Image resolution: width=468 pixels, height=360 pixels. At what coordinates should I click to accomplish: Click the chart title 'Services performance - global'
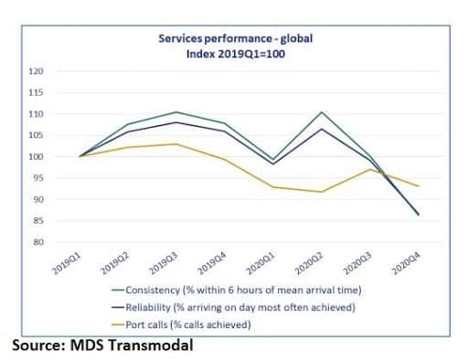[236, 38]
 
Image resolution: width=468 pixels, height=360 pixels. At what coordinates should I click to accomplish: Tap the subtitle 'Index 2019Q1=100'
[236, 54]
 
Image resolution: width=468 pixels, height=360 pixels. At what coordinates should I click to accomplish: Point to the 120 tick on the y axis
[37, 71]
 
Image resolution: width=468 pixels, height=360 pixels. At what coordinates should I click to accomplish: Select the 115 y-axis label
[37, 92]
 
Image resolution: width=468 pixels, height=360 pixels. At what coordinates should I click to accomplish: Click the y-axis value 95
[38, 178]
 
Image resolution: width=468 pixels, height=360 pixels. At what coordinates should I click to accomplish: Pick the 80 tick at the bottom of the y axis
[38, 242]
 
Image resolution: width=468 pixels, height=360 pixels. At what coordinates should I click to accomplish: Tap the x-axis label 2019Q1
[67, 264]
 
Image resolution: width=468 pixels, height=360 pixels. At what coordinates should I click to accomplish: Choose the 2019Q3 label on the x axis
[164, 264]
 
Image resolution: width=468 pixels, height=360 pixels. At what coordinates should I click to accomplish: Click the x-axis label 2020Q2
[309, 264]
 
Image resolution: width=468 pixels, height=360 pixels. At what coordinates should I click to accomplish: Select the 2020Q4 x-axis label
[407, 264]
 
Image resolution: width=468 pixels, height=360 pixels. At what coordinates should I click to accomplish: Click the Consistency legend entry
[237, 290]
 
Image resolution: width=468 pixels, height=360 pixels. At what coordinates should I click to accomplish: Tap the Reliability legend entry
[233, 307]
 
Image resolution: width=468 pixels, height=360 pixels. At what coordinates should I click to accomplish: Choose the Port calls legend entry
[181, 324]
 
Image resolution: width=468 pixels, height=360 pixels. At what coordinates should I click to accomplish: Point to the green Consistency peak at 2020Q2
[322, 112]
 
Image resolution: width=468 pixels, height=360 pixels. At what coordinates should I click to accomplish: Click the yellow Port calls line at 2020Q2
[322, 192]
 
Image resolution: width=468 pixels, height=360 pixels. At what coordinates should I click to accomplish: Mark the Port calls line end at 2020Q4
[420, 185]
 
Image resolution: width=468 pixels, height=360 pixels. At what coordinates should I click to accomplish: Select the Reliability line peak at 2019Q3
[176, 122]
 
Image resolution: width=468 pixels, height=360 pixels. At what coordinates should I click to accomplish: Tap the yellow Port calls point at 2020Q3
[370, 169]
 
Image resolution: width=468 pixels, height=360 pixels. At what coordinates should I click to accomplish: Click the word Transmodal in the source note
[151, 345]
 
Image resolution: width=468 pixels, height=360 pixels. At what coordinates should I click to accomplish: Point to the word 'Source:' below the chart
[38, 345]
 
